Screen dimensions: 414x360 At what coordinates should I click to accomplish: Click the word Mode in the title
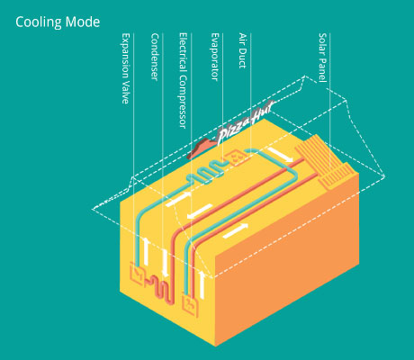pos(83,22)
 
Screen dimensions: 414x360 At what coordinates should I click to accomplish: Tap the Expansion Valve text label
pos(126,68)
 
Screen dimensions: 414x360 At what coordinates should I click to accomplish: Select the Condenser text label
pos(155,57)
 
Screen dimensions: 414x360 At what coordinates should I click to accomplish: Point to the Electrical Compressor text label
pos(183,80)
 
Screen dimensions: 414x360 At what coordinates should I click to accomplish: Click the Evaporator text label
pos(215,57)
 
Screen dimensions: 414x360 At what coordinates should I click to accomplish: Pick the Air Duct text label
pos(242,50)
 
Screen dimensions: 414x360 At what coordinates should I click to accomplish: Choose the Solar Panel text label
pos(322,58)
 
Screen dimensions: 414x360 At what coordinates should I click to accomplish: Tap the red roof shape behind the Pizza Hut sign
pos(200,148)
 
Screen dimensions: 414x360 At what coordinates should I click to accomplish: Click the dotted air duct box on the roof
pos(236,158)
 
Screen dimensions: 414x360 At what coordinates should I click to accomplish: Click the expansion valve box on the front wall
pos(137,274)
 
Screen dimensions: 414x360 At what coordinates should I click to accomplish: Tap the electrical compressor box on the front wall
pos(190,305)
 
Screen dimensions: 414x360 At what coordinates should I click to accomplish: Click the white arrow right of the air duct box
pos(280,155)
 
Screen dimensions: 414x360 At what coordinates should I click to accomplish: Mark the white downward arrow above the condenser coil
pos(165,264)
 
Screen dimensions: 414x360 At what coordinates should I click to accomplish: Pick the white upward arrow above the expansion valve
pos(146,251)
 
